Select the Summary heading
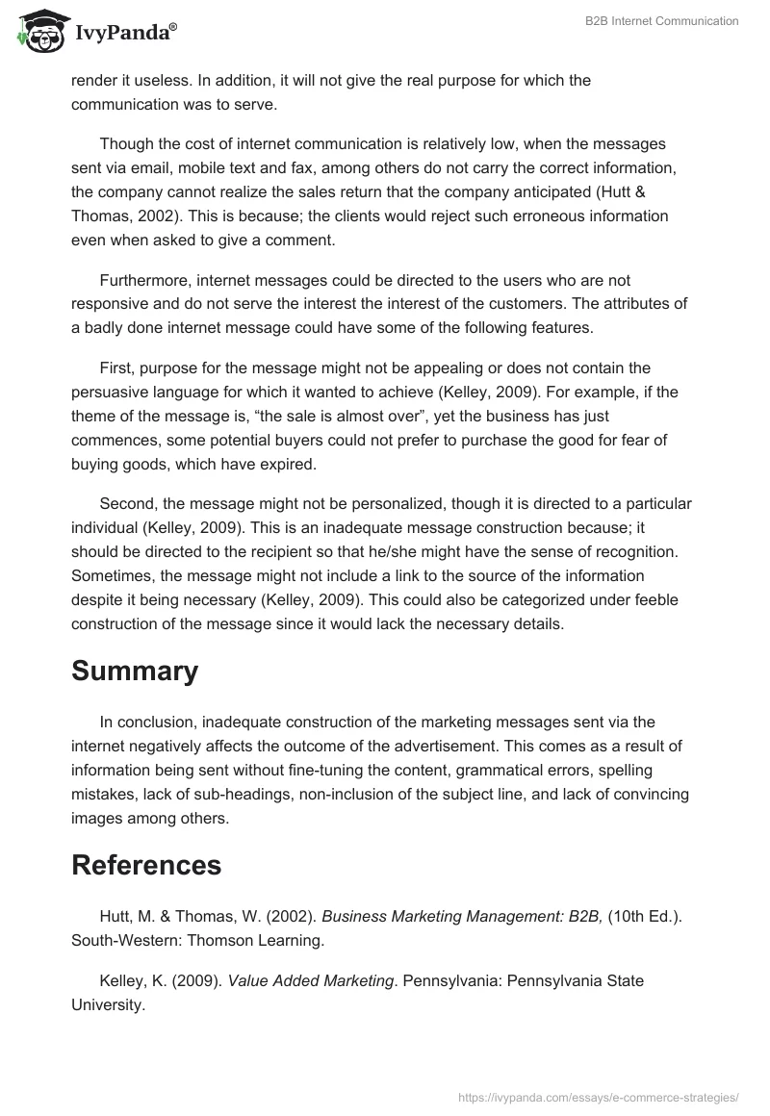tap(135, 671)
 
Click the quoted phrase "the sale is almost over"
tap(313, 417)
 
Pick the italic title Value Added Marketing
tap(311, 980)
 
